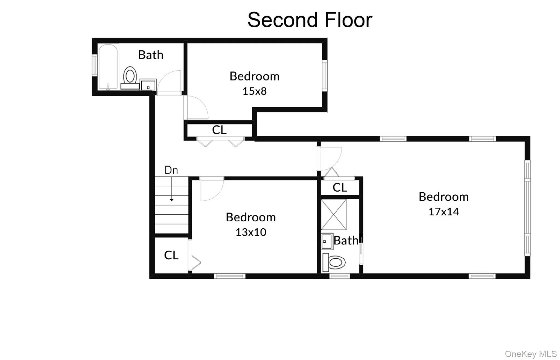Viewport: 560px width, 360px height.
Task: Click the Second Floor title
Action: [x=310, y=20]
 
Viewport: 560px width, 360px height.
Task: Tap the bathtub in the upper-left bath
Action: [x=108, y=67]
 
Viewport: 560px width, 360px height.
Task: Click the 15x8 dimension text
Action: [x=254, y=91]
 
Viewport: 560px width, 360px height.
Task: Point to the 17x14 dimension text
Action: [x=444, y=212]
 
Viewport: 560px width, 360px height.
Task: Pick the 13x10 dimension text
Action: [x=251, y=232]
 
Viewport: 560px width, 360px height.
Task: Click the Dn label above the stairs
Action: [x=171, y=170]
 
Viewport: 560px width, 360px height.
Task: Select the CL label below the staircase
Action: [x=171, y=255]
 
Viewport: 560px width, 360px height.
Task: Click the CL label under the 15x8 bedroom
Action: [x=219, y=130]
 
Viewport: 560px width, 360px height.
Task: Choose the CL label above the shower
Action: [x=340, y=188]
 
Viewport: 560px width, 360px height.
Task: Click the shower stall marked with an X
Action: [x=334, y=214]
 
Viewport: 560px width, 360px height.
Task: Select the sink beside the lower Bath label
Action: [x=327, y=242]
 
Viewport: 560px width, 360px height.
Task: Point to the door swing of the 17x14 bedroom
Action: [x=329, y=159]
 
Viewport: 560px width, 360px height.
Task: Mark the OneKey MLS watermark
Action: [x=530, y=354]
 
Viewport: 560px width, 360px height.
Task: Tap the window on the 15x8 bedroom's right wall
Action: [x=325, y=76]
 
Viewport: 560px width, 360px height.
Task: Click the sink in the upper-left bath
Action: [x=148, y=85]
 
